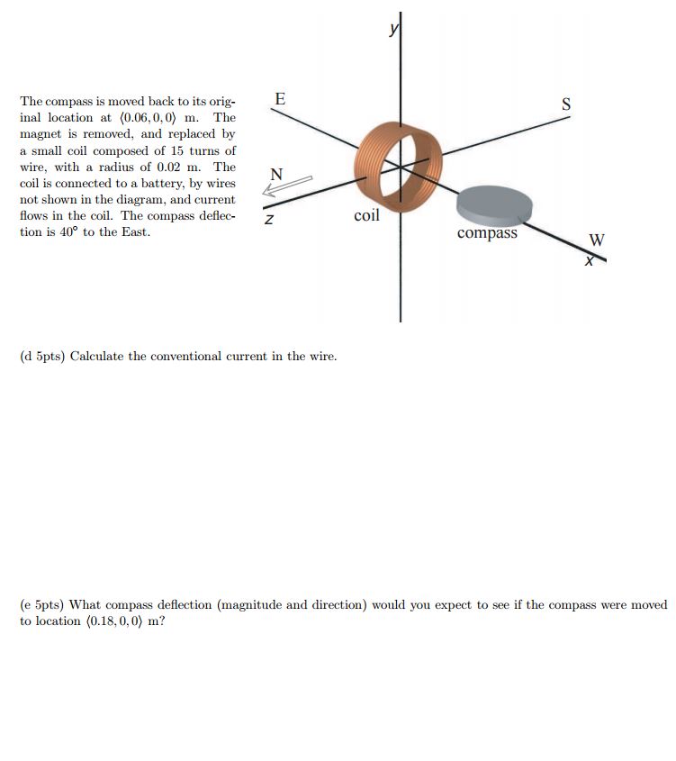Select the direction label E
(280, 99)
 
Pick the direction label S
(566, 104)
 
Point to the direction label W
(597, 240)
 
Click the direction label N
(275, 174)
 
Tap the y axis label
(392, 31)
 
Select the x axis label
(590, 259)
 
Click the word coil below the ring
(366, 216)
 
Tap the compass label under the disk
(487, 233)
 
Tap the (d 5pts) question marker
(42, 357)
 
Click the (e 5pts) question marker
(41, 605)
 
